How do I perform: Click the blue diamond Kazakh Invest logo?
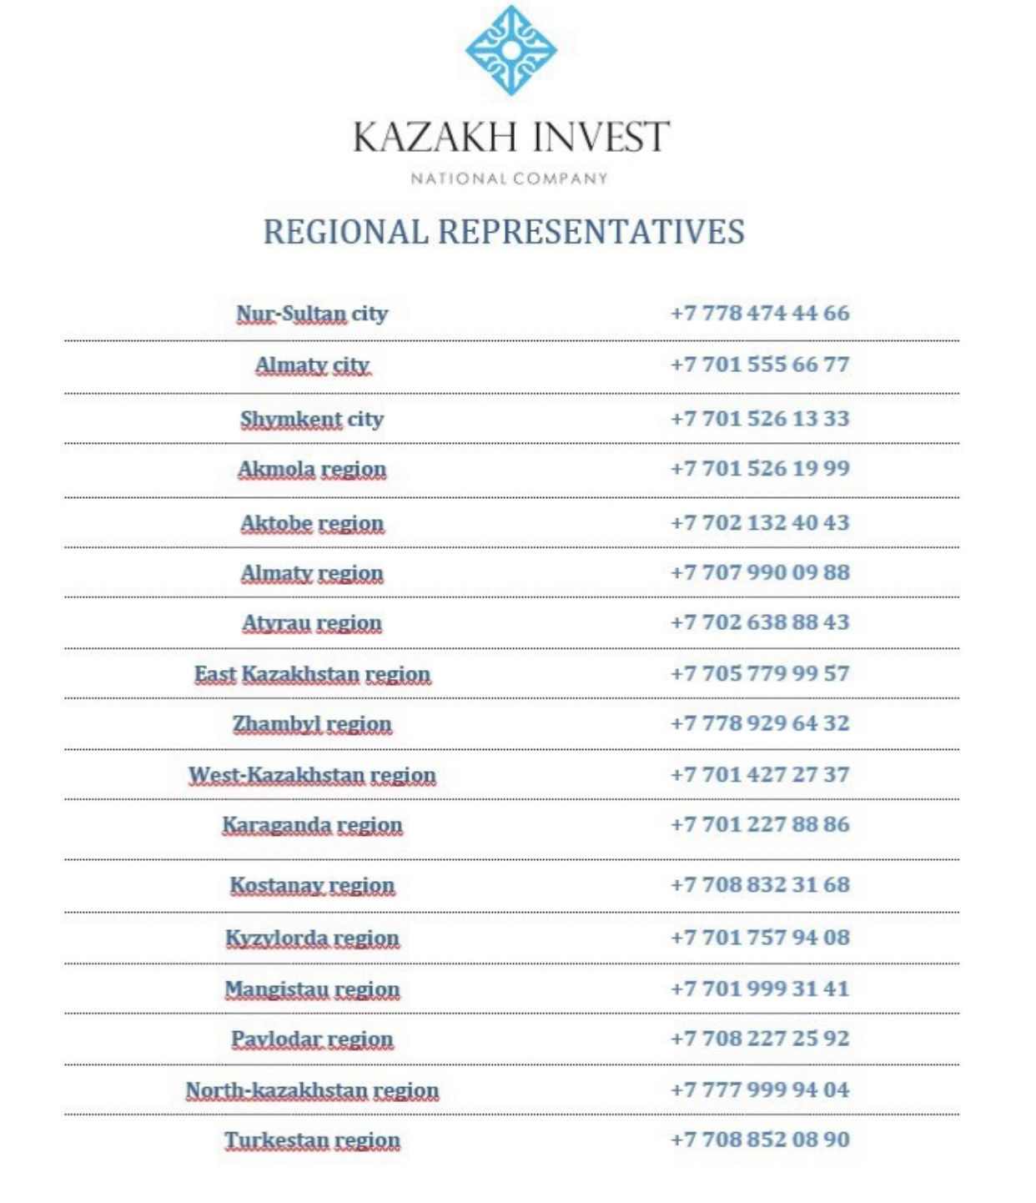(x=510, y=50)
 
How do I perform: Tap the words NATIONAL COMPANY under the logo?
(x=509, y=179)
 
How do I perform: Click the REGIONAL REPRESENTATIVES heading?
(x=504, y=232)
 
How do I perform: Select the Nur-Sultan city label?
(x=312, y=314)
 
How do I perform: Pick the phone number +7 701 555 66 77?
(x=760, y=365)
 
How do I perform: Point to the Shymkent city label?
(x=312, y=419)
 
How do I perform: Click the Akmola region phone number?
(x=760, y=468)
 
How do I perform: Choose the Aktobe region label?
(x=312, y=523)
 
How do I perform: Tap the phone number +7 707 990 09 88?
(x=760, y=572)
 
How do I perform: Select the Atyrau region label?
(x=312, y=623)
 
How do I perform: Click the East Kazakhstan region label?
(x=312, y=674)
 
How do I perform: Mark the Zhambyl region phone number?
(x=760, y=722)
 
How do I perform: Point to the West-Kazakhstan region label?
(x=312, y=775)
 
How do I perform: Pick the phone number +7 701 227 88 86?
(x=760, y=824)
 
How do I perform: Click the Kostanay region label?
(x=312, y=885)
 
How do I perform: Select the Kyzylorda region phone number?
(x=760, y=937)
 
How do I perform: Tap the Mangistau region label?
(x=312, y=989)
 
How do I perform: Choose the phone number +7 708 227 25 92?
(x=760, y=1039)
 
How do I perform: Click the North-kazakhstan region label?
(x=312, y=1090)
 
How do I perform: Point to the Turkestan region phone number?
(x=760, y=1140)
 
